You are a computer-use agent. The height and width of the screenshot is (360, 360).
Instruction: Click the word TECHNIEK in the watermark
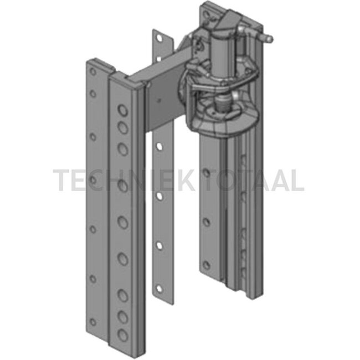click(125, 180)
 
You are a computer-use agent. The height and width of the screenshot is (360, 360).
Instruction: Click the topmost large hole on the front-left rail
click(122, 110)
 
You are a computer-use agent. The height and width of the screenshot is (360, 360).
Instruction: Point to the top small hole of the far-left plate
click(92, 71)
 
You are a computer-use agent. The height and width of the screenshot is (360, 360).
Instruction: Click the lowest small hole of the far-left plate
click(92, 322)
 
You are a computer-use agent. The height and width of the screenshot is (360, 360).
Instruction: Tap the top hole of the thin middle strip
click(159, 38)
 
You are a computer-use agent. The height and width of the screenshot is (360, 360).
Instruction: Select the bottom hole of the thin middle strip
click(159, 289)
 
